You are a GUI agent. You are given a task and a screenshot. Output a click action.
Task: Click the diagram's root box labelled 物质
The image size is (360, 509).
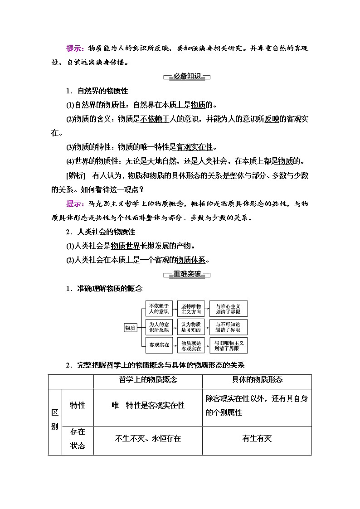[x=130, y=328]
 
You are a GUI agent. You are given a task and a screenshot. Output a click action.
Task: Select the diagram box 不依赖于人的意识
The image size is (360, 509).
[x=159, y=309]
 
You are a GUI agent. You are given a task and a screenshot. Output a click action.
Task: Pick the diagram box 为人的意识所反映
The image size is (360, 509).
[x=159, y=327]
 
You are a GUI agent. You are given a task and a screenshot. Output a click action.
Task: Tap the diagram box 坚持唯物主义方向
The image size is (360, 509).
[x=191, y=309]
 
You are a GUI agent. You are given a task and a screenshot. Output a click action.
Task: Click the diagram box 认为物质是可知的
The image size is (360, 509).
[x=191, y=327]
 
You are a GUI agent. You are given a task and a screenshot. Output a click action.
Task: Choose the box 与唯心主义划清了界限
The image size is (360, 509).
[x=228, y=309]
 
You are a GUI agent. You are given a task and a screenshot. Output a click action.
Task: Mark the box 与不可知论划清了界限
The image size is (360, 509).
[x=228, y=327]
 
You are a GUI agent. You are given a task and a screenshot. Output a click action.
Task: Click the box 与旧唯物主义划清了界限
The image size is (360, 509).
[x=228, y=346]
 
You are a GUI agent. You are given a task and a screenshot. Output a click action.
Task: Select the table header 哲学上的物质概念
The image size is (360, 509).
[x=148, y=380]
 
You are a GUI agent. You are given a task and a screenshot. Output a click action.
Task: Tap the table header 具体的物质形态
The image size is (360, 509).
[x=257, y=380]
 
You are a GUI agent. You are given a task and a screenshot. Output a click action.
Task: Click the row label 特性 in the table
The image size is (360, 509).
[x=78, y=406]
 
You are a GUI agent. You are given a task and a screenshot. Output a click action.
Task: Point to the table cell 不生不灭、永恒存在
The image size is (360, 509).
[x=148, y=438]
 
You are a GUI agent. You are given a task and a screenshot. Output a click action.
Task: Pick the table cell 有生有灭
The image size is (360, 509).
[x=257, y=438]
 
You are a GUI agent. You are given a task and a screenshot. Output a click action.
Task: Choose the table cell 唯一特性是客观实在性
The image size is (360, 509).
[x=148, y=406]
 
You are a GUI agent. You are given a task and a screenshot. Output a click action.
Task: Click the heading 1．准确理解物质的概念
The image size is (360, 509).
[x=104, y=288]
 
